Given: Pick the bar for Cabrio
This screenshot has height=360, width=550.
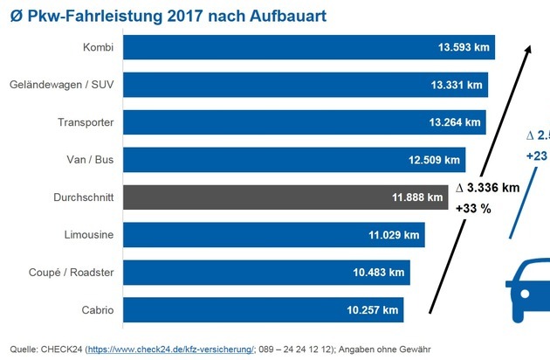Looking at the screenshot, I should (262, 309).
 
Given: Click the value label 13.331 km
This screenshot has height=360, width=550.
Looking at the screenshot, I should (456, 85).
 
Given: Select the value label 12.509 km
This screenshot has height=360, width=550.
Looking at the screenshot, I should (434, 160).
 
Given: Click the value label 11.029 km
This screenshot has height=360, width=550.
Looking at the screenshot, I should (393, 234).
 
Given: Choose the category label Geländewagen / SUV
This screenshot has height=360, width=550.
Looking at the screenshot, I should (62, 85).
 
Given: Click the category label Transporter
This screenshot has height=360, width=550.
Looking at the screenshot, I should (86, 122).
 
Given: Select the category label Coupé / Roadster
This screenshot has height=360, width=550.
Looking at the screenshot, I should (72, 272).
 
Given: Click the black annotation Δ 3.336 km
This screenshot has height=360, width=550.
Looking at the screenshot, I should (488, 188).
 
